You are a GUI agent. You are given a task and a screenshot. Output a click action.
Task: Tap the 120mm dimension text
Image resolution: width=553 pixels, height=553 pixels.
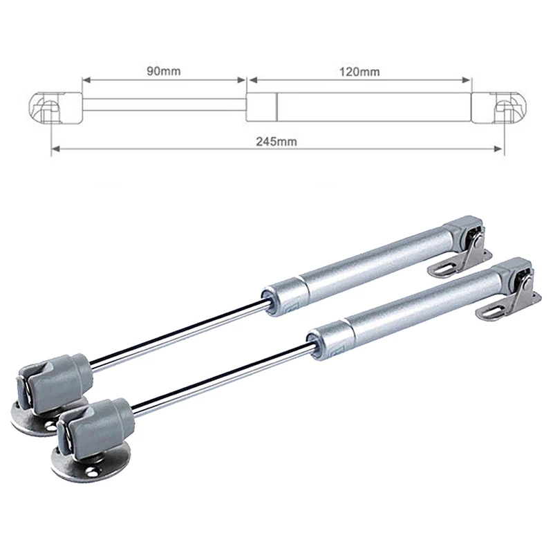pyautogui.click(x=361, y=71)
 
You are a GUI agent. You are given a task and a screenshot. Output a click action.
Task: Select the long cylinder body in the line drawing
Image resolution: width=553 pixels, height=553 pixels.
pyautogui.click(x=373, y=106)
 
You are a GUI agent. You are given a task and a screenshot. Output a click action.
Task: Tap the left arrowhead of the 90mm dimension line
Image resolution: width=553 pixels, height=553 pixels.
pyautogui.click(x=86, y=79)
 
